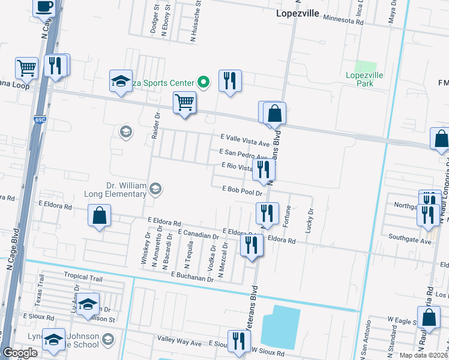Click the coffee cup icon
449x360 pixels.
(x=44, y=7)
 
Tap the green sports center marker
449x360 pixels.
(x=203, y=82)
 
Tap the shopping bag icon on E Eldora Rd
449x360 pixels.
(x=99, y=216)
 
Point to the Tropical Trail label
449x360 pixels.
(x=83, y=275)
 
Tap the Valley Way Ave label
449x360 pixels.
(x=179, y=343)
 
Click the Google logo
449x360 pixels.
(x=20, y=353)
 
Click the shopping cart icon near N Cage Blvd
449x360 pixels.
(x=27, y=68)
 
